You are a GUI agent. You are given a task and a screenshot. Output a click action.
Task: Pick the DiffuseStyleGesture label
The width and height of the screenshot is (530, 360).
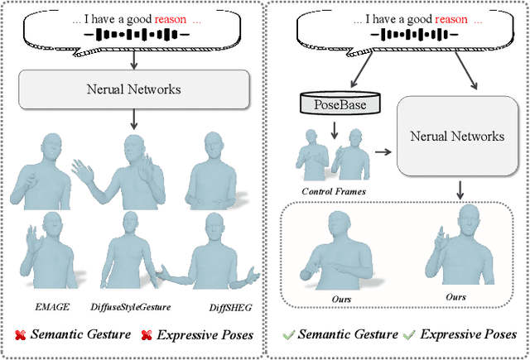[x=131, y=306]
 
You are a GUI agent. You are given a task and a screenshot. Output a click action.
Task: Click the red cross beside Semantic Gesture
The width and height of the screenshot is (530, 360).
[x=21, y=334]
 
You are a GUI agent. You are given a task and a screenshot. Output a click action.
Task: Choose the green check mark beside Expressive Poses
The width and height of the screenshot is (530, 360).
[x=408, y=334]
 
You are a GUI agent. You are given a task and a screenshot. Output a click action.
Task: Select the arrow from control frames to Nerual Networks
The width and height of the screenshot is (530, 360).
[x=382, y=152]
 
